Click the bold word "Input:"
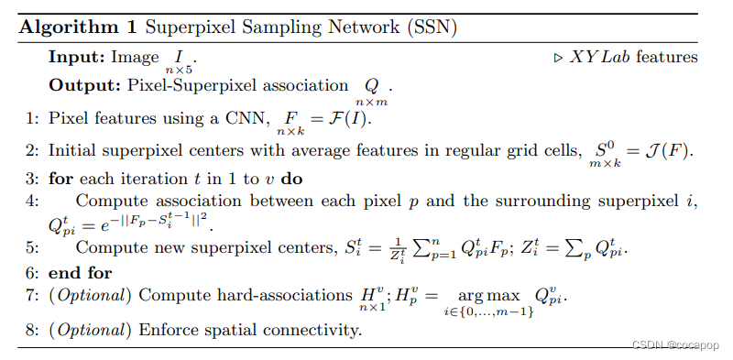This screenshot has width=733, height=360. (x=76, y=57)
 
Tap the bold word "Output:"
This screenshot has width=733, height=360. (x=83, y=86)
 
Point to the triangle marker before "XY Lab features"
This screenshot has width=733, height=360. (x=559, y=57)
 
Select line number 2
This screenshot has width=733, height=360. (x=30, y=149)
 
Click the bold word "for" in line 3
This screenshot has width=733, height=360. (x=60, y=178)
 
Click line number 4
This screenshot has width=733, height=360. (x=30, y=201)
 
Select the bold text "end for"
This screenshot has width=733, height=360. (x=80, y=273)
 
